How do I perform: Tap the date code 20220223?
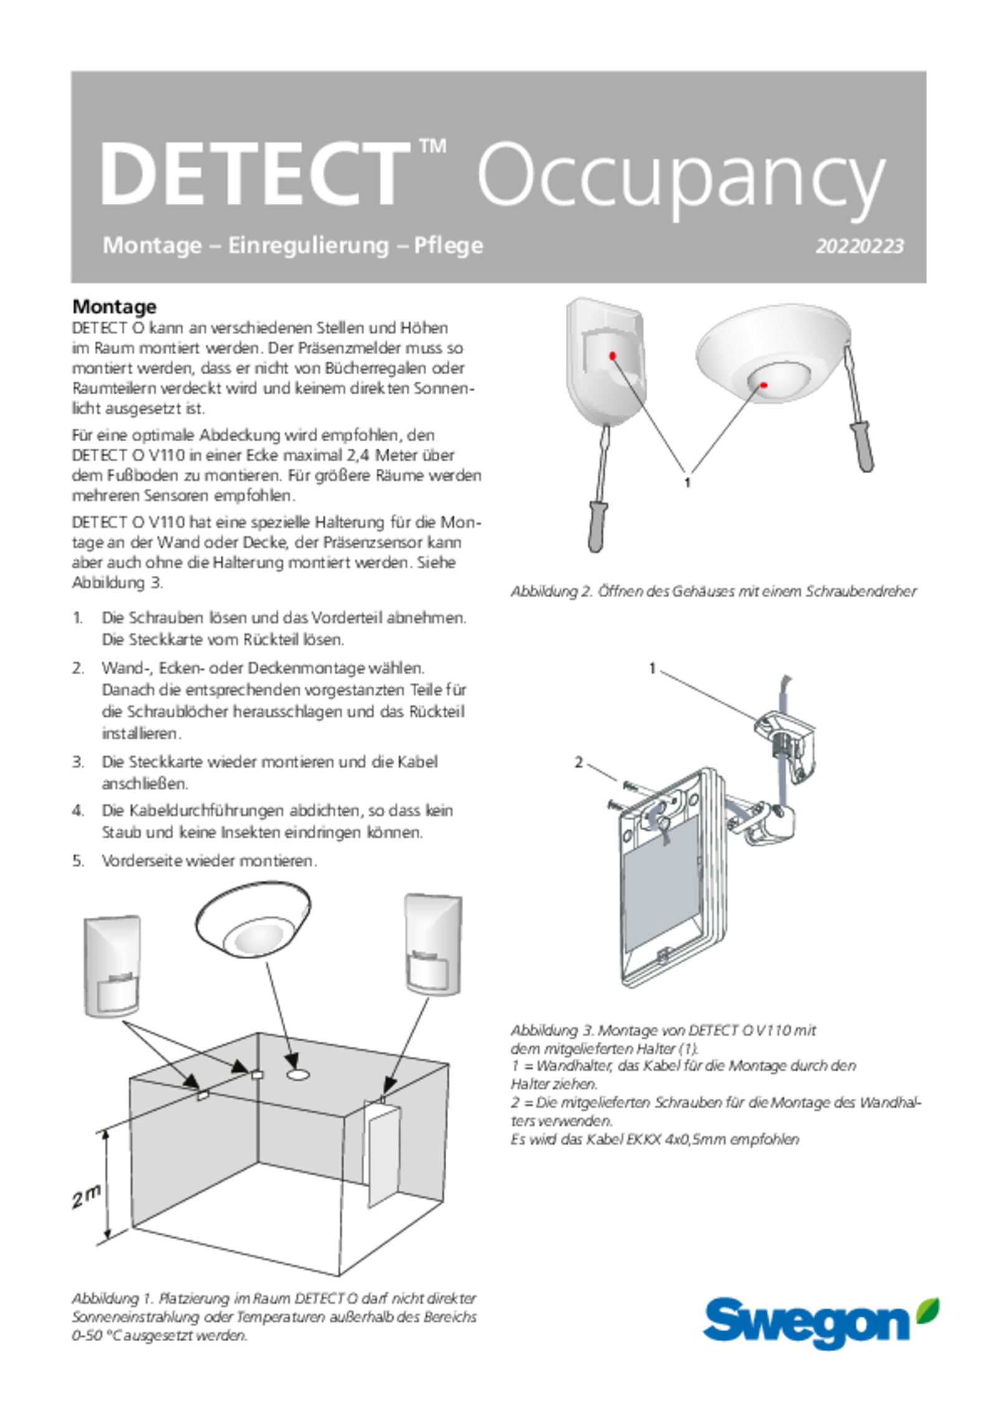click(859, 246)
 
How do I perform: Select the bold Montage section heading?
click(115, 307)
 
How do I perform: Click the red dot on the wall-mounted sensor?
click(613, 355)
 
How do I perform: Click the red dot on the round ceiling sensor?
click(764, 385)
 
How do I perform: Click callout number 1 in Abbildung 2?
click(687, 482)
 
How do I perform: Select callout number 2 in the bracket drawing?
click(579, 762)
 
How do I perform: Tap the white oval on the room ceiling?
click(298, 1073)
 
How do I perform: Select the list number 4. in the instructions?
click(78, 811)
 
